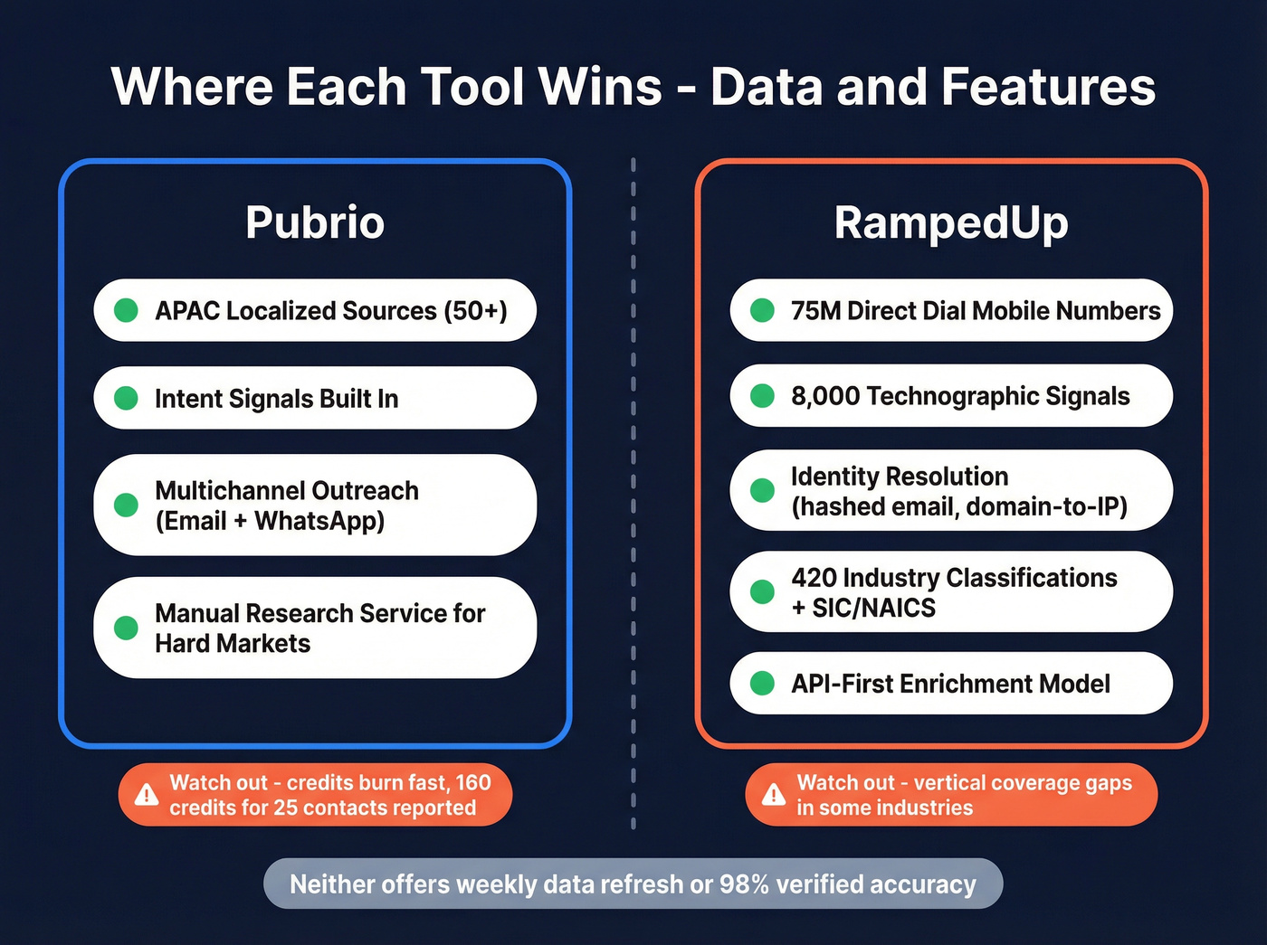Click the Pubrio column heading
(315, 222)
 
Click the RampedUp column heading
(951, 222)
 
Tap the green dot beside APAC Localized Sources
(127, 310)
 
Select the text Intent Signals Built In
(276, 399)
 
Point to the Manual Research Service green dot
(127, 628)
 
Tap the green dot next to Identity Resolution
(763, 490)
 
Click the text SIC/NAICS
(873, 608)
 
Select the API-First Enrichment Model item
(950, 684)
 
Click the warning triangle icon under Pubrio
(146, 795)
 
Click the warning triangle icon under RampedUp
(773, 795)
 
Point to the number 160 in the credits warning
(472, 782)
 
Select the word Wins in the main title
(600, 88)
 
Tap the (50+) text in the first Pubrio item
(475, 311)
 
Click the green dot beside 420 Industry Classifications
(763, 591)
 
